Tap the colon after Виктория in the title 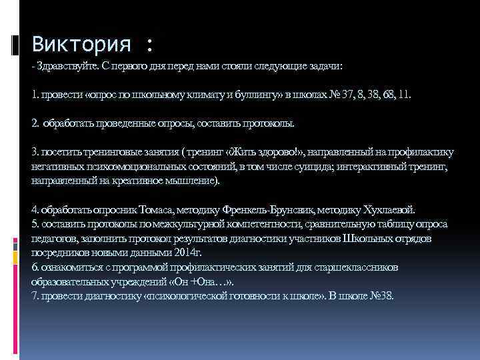pos(148,47)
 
